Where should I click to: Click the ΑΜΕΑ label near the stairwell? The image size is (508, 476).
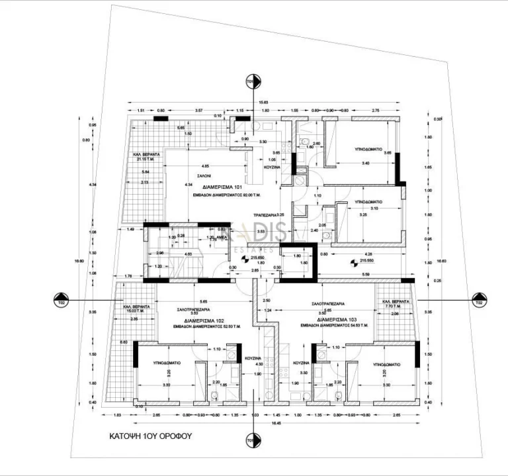click(223, 237)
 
